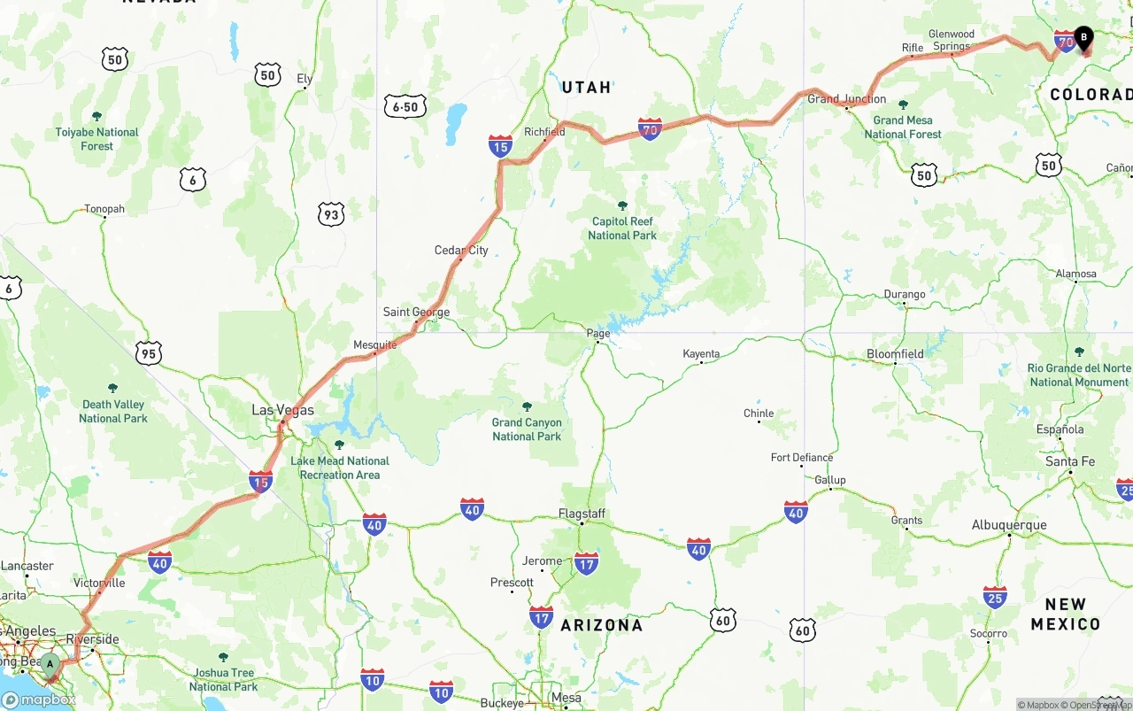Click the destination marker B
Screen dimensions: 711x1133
1083,39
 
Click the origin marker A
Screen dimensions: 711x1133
50,664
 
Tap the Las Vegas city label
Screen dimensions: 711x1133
282,410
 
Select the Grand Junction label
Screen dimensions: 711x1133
846,99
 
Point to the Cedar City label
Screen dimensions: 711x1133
461,251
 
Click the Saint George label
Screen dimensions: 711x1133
416,312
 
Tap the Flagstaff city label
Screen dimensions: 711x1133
582,514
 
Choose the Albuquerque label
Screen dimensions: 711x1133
1009,525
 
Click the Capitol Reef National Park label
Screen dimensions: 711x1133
622,228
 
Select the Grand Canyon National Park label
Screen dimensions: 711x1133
527,429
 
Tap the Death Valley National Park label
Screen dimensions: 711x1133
113,411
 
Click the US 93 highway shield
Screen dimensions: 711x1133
331,214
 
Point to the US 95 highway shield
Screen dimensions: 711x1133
149,354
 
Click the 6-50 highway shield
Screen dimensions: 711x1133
405,107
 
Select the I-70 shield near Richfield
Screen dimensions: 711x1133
650,129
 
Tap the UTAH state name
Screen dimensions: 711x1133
587,88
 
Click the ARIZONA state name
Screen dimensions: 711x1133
602,625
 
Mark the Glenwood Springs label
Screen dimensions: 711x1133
952,40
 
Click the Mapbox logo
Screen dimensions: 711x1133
39,699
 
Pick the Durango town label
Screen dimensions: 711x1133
905,294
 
